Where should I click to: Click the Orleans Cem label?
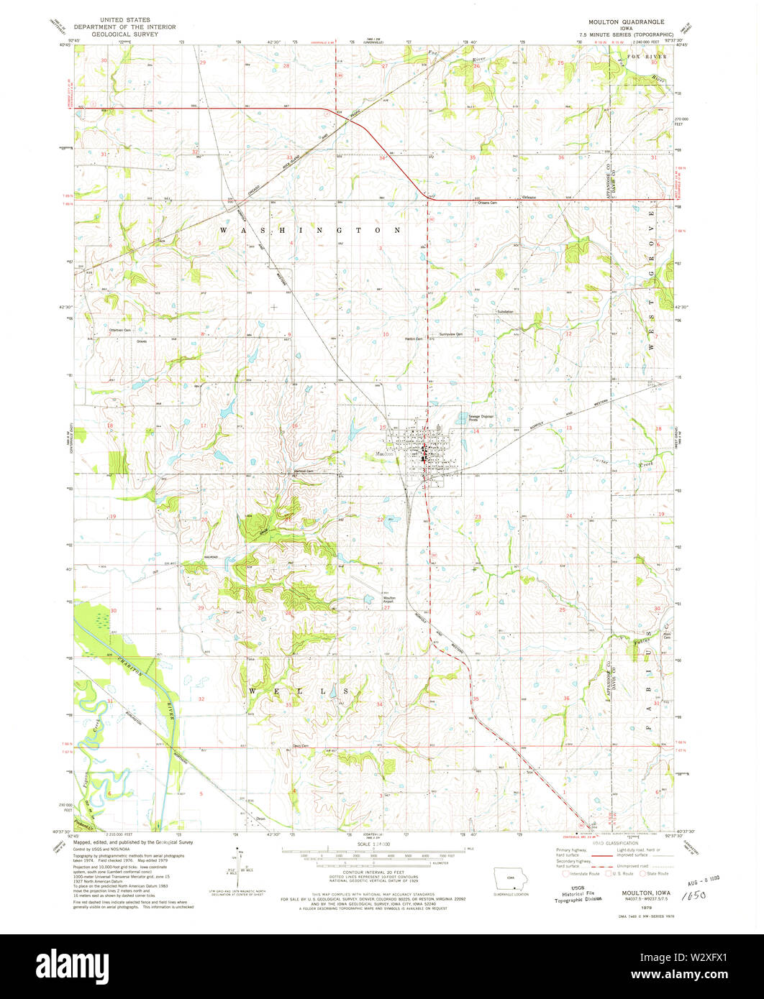pos(488,203)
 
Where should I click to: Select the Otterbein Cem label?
pos(119,330)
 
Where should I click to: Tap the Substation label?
pos(505,312)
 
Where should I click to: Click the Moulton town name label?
pos(383,454)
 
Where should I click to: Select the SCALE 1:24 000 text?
pos(373,842)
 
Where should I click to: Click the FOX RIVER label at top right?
pos(647,55)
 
